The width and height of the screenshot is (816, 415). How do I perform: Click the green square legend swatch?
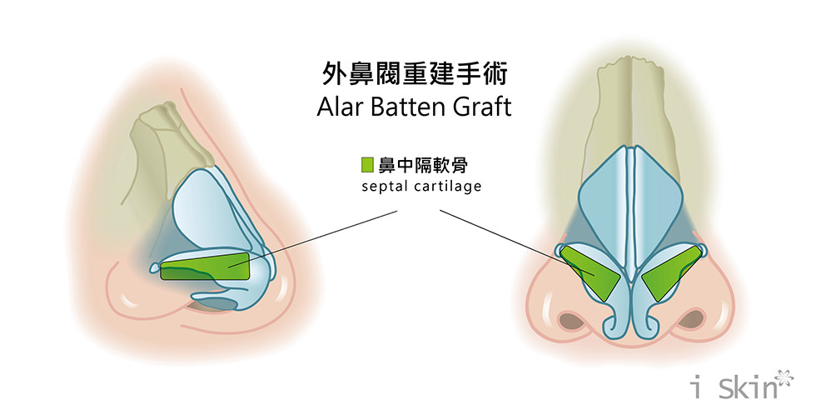point(367,164)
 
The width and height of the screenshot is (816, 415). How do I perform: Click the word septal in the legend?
point(382,187)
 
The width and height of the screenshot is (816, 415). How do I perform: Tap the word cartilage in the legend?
point(447,187)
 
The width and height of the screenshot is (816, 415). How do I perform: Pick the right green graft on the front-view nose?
point(667,274)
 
